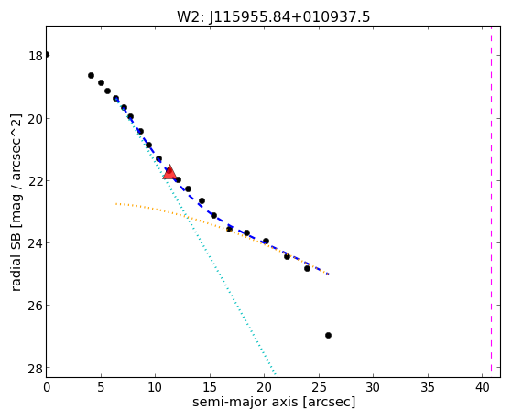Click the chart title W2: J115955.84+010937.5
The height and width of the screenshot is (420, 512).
(273, 16)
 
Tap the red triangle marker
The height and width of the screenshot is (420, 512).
(169, 172)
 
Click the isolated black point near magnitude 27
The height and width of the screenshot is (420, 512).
(328, 335)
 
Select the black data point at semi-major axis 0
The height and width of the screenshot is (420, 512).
(47, 55)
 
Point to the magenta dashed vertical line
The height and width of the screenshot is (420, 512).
(491, 201)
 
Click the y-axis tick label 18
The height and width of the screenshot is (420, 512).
(36, 56)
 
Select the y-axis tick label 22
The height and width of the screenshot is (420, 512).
(36, 181)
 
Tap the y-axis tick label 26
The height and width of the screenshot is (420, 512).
(36, 306)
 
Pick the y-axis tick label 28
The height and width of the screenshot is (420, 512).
(36, 368)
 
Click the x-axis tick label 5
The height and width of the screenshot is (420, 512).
(101, 388)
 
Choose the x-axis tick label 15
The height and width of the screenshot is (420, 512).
(210, 388)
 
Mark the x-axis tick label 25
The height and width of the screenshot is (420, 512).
(319, 388)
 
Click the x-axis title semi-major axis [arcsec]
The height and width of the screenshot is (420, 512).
(274, 402)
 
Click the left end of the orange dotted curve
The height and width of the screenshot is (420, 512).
(116, 204)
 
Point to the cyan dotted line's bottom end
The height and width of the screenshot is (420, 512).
(276, 374)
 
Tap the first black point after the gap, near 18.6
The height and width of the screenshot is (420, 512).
(91, 75)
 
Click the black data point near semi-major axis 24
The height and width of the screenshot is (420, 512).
(307, 269)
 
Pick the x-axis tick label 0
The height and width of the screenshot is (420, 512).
(47, 388)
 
